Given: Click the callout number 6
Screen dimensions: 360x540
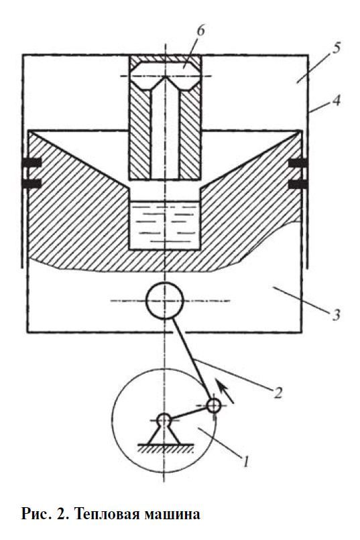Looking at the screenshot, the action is [x=200, y=30].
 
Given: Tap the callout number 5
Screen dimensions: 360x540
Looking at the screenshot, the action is [x=337, y=48].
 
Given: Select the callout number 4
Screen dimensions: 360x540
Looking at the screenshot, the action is [x=337, y=100].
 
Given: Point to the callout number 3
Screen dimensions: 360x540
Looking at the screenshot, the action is [x=337, y=314].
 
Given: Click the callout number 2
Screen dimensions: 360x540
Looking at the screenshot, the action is [x=278, y=392].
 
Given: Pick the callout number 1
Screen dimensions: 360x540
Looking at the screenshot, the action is [x=245, y=462].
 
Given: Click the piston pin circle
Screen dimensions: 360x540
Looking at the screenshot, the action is [x=165, y=301].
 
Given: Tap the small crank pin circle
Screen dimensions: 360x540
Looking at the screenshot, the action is [x=214, y=405].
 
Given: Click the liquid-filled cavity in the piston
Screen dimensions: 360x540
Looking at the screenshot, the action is [x=165, y=224].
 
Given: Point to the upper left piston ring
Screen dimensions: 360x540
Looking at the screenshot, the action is [x=32, y=162].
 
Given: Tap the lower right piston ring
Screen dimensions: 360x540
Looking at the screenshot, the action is [x=298, y=185].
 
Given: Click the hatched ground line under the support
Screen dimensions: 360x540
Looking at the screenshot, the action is [x=166, y=448].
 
